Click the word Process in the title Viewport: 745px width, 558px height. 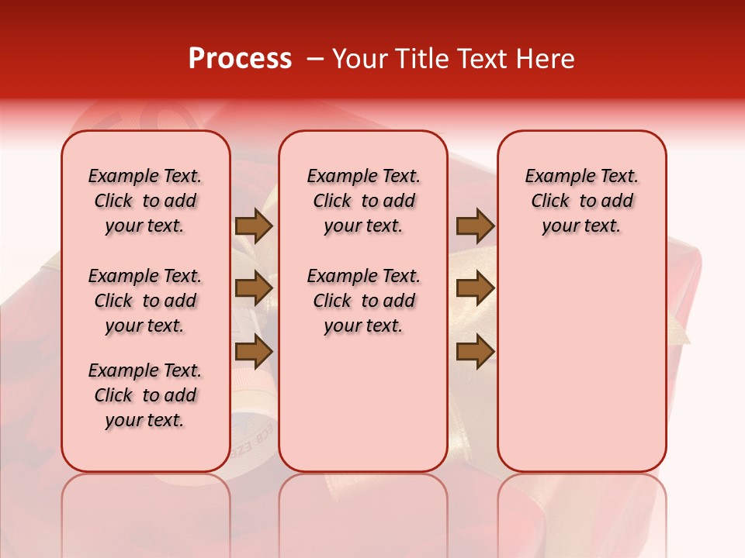240,59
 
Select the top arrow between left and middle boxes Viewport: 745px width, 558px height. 254,226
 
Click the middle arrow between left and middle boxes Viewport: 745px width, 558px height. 254,289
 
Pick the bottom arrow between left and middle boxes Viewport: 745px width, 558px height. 254,352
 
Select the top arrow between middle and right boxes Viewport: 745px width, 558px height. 475,226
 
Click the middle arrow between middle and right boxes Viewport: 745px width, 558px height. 475,289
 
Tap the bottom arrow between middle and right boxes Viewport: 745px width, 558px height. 475,352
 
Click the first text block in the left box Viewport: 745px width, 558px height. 145,201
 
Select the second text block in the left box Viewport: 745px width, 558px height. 145,301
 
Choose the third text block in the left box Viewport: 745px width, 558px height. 145,395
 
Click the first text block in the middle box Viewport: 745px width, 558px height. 363,201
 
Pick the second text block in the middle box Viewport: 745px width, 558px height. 363,301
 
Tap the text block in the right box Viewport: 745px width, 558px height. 581,201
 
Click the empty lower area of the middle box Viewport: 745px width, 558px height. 363,403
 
